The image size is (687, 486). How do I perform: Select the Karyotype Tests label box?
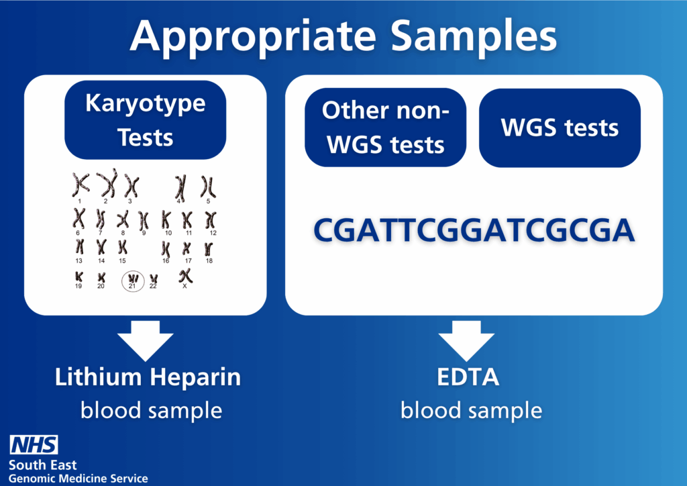point(146,120)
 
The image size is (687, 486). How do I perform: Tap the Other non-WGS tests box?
point(385,127)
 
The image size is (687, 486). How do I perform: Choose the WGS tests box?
point(560,128)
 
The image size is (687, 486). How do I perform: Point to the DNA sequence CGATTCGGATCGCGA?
point(474,230)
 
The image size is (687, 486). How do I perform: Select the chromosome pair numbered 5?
point(208,185)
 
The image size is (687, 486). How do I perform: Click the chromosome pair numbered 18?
point(209,248)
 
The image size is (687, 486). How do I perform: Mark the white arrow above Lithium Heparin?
point(146,340)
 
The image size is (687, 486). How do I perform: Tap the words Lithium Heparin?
point(148,377)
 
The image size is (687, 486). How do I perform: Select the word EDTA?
point(468,377)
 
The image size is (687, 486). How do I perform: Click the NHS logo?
point(34,444)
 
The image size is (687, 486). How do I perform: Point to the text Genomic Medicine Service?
point(78,478)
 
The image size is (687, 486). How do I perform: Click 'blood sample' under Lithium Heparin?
point(151,409)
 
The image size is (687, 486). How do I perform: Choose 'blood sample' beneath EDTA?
point(471,409)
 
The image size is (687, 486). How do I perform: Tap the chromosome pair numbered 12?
point(211,220)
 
